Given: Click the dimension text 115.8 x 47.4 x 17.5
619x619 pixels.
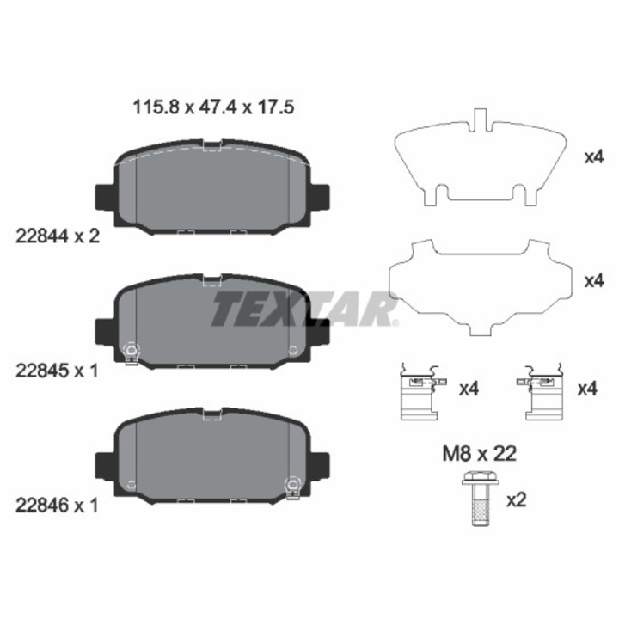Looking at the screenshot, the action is [213, 107].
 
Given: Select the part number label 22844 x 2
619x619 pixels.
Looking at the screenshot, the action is [58, 236].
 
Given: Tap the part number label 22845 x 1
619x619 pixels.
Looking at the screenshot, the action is [57, 371].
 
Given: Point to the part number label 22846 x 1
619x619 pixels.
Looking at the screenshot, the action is [57, 506].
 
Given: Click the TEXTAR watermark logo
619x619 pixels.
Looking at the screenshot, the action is [304, 309].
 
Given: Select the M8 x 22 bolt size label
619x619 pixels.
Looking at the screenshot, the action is [479, 454].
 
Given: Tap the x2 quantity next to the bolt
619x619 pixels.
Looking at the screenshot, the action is [517, 500].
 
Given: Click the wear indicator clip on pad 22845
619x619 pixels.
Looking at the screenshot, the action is [131, 354].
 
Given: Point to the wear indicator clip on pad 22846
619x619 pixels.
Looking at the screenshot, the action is [293, 488].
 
